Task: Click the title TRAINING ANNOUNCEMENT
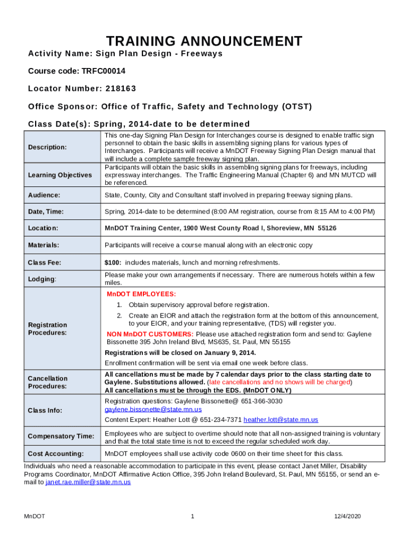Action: (204, 41)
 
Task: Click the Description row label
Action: (47, 147)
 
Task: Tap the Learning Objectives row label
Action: (59, 175)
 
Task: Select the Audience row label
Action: (44, 195)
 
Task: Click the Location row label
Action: (44, 228)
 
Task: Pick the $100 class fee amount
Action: (113, 262)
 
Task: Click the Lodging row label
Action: (41, 279)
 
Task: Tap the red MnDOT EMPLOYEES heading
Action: (141, 294)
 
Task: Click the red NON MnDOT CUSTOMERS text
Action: (150, 334)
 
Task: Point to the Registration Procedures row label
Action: (47, 328)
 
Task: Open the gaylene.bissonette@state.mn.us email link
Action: (153, 410)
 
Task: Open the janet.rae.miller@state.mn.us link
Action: (88, 482)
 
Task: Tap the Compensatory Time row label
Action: (61, 436)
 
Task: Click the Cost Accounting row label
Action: (56, 454)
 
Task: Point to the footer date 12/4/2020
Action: (347, 516)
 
